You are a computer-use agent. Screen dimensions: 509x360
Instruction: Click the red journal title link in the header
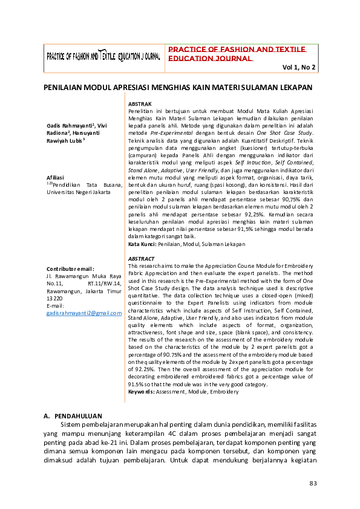(237, 53)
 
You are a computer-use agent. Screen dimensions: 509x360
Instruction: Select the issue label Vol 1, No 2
(298, 68)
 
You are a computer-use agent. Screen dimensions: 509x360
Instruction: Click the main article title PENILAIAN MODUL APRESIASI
(178, 88)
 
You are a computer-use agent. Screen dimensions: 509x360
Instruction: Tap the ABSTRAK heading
(141, 105)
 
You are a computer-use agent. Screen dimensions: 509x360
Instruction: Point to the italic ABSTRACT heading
(142, 258)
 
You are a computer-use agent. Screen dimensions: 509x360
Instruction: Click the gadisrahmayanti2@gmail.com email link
(84, 313)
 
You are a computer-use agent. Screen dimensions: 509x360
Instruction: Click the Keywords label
(142, 392)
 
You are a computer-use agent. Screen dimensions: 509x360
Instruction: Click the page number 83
(313, 483)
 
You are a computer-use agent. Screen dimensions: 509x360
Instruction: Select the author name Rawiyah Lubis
(65, 140)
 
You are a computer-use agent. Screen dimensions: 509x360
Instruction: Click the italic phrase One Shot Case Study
(284, 132)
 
